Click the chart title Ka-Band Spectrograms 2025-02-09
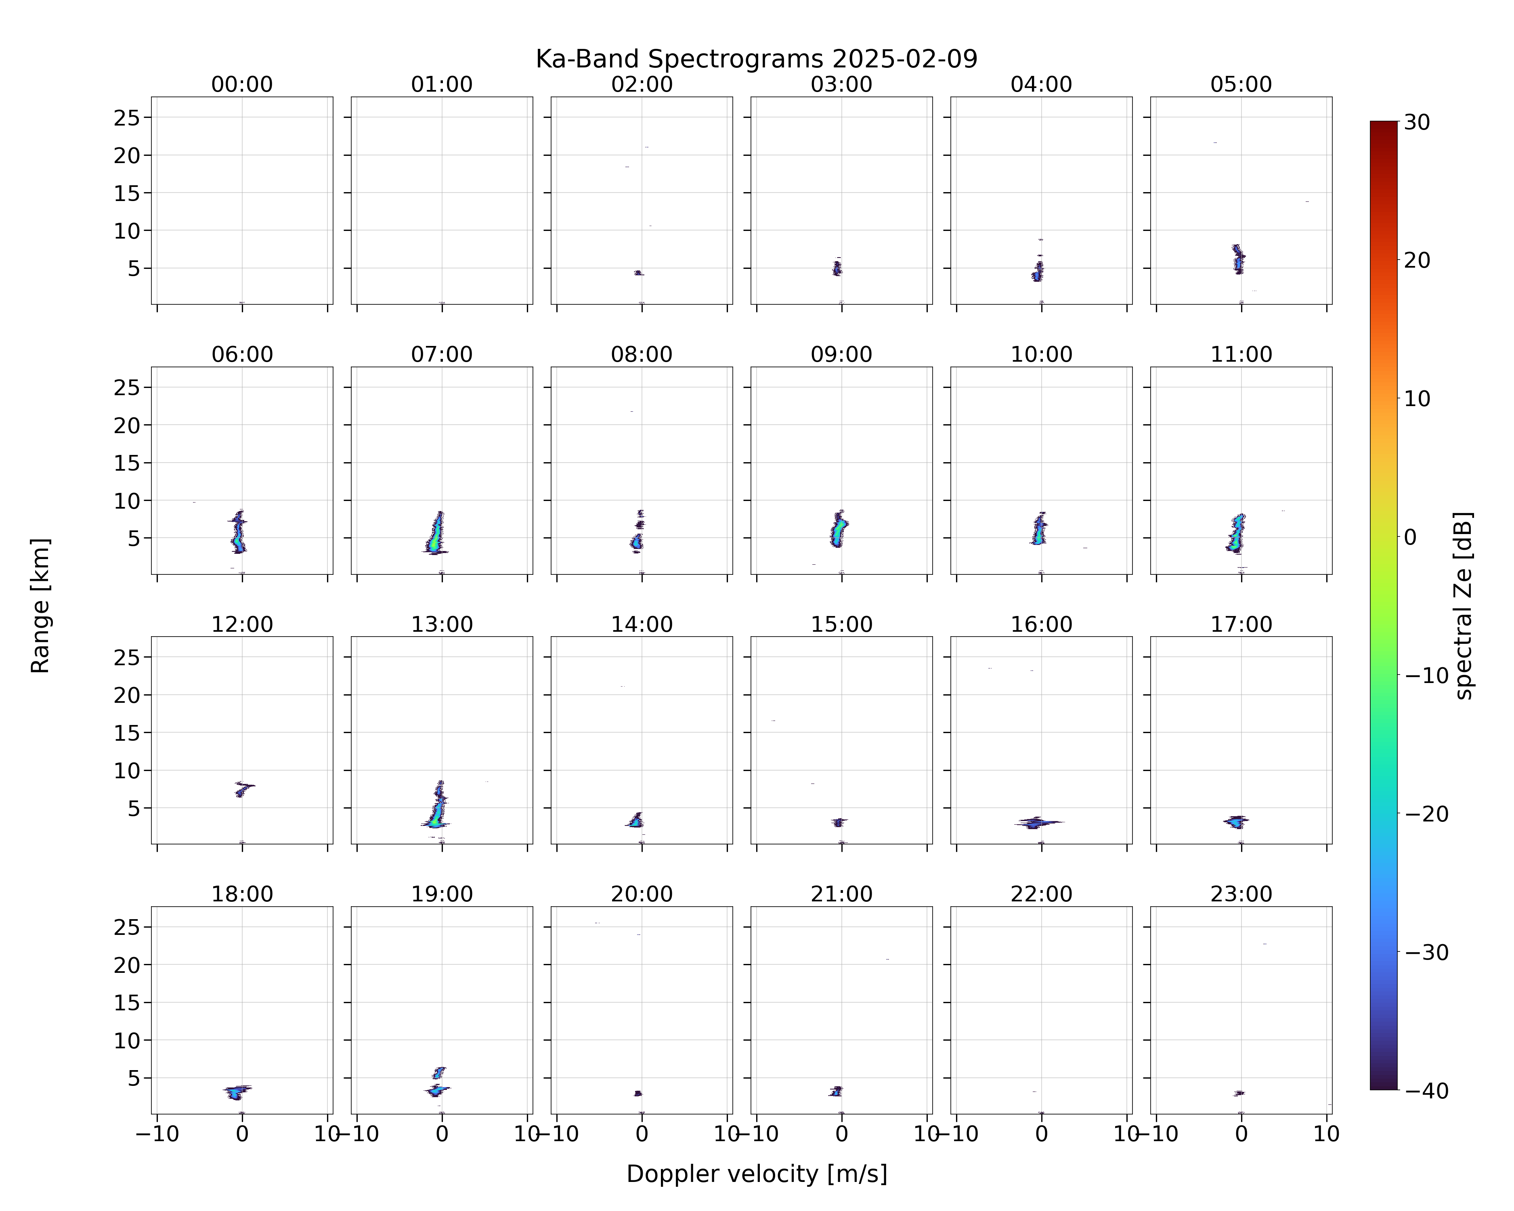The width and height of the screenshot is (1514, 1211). coord(756,59)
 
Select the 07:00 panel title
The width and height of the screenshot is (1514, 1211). coord(442,354)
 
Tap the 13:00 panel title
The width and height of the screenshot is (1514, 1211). coord(442,624)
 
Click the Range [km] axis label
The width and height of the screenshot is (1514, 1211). coord(40,605)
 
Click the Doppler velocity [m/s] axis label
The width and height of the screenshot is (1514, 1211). coord(756,1174)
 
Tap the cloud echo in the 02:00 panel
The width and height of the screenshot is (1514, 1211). coord(638,272)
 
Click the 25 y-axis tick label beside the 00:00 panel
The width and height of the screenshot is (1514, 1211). coord(127,118)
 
